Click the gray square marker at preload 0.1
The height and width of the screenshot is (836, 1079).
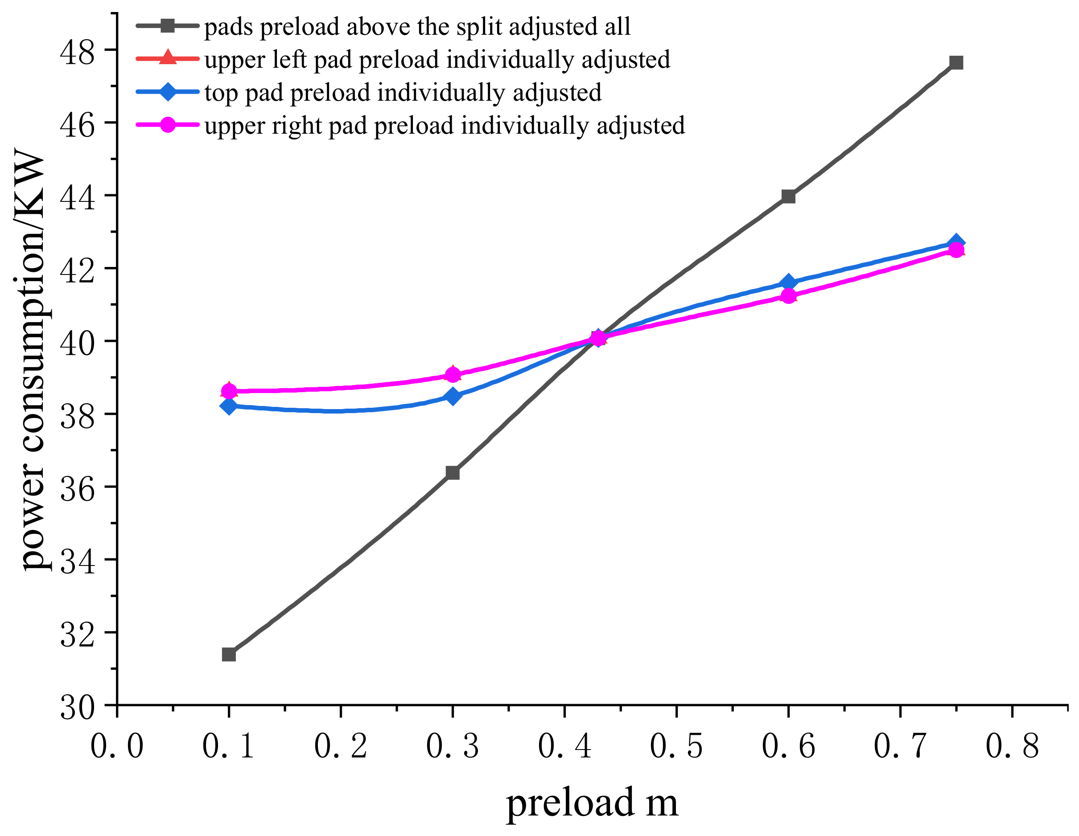229,655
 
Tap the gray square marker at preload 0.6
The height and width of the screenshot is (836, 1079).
788,197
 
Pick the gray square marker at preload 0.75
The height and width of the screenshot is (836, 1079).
956,63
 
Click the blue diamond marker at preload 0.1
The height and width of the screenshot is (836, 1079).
229,406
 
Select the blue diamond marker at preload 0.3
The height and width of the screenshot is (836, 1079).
453,396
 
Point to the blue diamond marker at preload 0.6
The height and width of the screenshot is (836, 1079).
788,283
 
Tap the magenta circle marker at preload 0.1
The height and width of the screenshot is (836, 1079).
229,391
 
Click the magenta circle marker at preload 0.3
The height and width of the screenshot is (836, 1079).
453,375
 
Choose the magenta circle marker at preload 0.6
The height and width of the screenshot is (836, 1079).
788,296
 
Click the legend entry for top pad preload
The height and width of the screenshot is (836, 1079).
403,93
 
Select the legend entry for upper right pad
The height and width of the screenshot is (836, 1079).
445,125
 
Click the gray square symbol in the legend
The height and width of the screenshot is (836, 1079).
168,26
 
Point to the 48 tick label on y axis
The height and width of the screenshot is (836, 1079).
77,52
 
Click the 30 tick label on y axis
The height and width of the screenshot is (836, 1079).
77,708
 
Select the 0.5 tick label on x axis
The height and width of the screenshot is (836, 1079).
676,746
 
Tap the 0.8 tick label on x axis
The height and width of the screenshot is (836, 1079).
1012,746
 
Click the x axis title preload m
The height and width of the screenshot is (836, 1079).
592,803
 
